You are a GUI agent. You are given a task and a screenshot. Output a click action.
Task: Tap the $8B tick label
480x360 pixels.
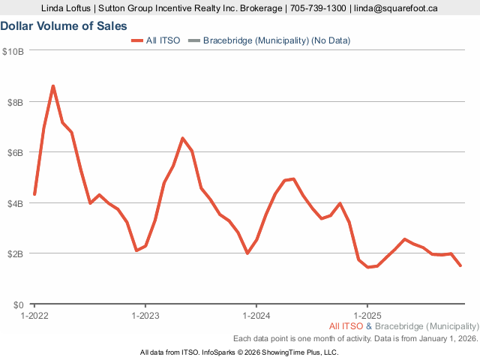[x=15, y=101]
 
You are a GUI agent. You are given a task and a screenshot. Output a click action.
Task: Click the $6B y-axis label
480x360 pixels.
[x=15, y=152]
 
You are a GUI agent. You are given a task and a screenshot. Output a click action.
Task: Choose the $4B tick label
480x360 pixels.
[x=15, y=203]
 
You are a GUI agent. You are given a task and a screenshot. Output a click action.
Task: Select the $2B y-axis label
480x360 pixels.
[x=15, y=253]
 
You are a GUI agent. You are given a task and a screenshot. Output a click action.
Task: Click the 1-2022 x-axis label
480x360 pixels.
[x=34, y=316]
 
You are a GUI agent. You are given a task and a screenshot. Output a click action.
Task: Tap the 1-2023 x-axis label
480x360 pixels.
[x=145, y=316]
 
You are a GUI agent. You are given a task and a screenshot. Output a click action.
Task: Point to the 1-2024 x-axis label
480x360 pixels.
[x=256, y=316]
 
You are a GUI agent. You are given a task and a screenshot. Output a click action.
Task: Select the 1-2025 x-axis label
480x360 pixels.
[x=367, y=316]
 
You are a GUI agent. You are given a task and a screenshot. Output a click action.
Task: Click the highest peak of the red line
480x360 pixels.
[x=52, y=85]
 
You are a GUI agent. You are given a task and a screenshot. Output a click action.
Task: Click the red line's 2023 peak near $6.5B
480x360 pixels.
[x=182, y=138]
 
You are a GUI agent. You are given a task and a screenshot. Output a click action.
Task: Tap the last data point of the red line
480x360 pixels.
[x=460, y=265]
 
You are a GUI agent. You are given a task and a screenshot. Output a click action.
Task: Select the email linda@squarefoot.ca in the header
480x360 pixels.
[x=397, y=8]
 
